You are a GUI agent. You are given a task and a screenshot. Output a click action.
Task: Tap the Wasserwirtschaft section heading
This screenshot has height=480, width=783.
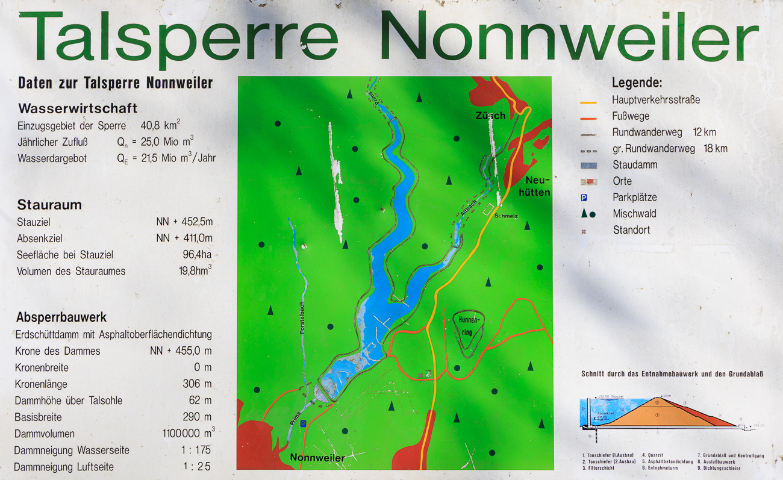(x=78, y=108)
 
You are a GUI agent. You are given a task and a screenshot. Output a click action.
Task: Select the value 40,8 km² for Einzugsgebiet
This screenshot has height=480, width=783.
(x=160, y=125)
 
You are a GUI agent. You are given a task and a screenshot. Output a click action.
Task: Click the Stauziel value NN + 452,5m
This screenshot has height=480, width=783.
(x=184, y=222)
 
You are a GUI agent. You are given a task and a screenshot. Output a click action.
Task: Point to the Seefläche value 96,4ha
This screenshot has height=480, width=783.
(x=197, y=255)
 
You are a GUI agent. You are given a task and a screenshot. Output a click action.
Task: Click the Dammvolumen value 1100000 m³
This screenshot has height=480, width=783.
(x=189, y=433)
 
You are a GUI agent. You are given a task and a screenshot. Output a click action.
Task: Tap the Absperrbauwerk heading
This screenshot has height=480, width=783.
(x=61, y=317)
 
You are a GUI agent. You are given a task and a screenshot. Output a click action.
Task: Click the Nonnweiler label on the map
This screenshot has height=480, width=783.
(x=317, y=458)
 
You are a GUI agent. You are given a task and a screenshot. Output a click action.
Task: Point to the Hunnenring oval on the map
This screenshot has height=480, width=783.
(x=467, y=331)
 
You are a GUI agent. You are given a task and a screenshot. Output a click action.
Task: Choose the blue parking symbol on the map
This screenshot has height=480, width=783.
(x=303, y=424)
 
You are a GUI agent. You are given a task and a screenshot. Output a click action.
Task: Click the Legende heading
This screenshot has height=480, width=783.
(x=637, y=83)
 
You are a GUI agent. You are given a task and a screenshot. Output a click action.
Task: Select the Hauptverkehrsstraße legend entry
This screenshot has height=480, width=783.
(x=656, y=100)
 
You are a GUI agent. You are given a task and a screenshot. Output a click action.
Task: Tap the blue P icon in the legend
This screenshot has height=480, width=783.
(x=584, y=198)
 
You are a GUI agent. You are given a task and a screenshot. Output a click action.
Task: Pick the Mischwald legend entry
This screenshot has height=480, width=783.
(x=634, y=213)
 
